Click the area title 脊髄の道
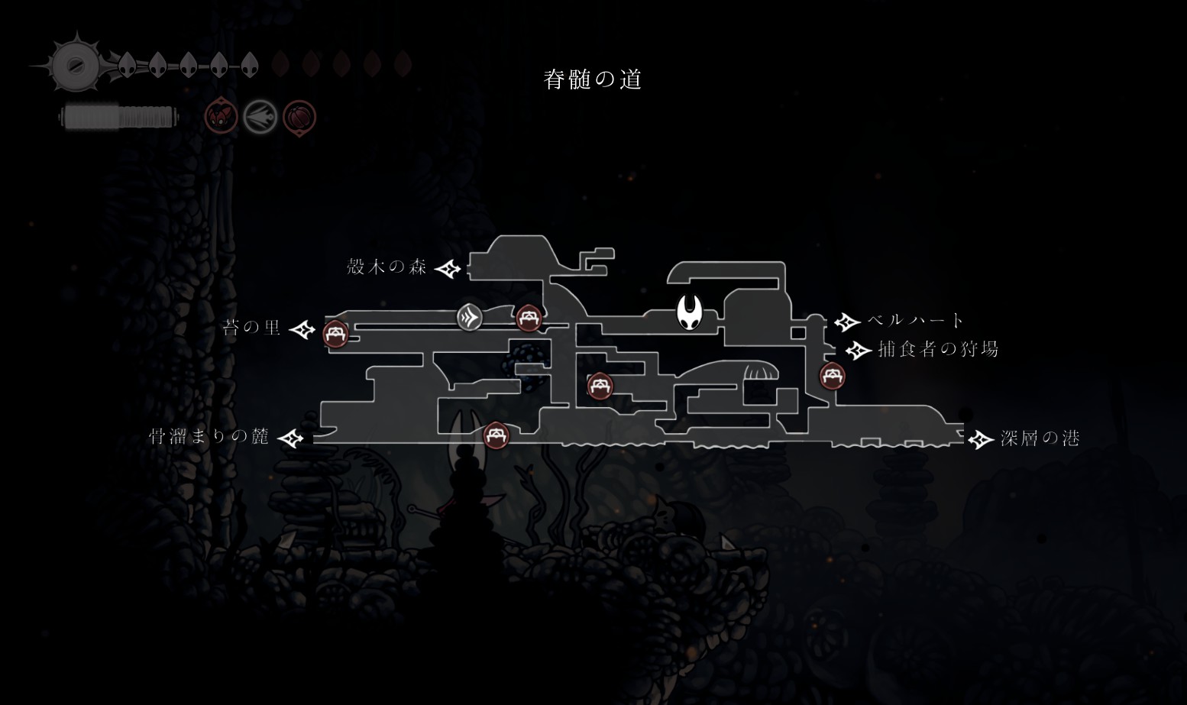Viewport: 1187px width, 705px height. pyautogui.click(x=593, y=79)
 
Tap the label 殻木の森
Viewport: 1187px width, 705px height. pyautogui.click(x=387, y=267)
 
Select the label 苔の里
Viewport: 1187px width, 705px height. pyautogui.click(x=251, y=328)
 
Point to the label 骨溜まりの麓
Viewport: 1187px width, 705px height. pyautogui.click(x=209, y=436)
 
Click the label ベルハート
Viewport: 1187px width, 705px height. pyautogui.click(x=915, y=320)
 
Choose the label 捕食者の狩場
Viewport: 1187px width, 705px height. pyautogui.click(x=938, y=349)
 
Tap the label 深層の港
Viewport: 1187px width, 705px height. pyautogui.click(x=1040, y=438)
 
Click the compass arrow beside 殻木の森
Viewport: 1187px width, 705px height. pyautogui.click(x=448, y=269)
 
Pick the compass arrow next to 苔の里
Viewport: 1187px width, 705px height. pyautogui.click(x=302, y=330)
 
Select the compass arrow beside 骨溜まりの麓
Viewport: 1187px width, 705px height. pyautogui.click(x=291, y=438)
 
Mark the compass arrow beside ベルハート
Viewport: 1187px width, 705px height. pyautogui.click(x=847, y=322)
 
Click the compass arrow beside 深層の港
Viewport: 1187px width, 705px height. pyautogui.click(x=980, y=439)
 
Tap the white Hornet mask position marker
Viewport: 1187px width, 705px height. pyautogui.click(x=690, y=312)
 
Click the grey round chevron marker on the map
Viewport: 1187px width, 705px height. pyautogui.click(x=470, y=318)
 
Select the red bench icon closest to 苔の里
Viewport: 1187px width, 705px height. pyautogui.click(x=335, y=334)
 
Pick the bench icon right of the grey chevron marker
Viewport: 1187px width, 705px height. pyautogui.click(x=529, y=318)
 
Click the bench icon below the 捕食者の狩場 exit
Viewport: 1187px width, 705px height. pyautogui.click(x=833, y=376)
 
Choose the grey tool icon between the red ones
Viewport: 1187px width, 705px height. pyautogui.click(x=260, y=117)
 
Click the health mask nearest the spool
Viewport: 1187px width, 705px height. pyautogui.click(x=127, y=65)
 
